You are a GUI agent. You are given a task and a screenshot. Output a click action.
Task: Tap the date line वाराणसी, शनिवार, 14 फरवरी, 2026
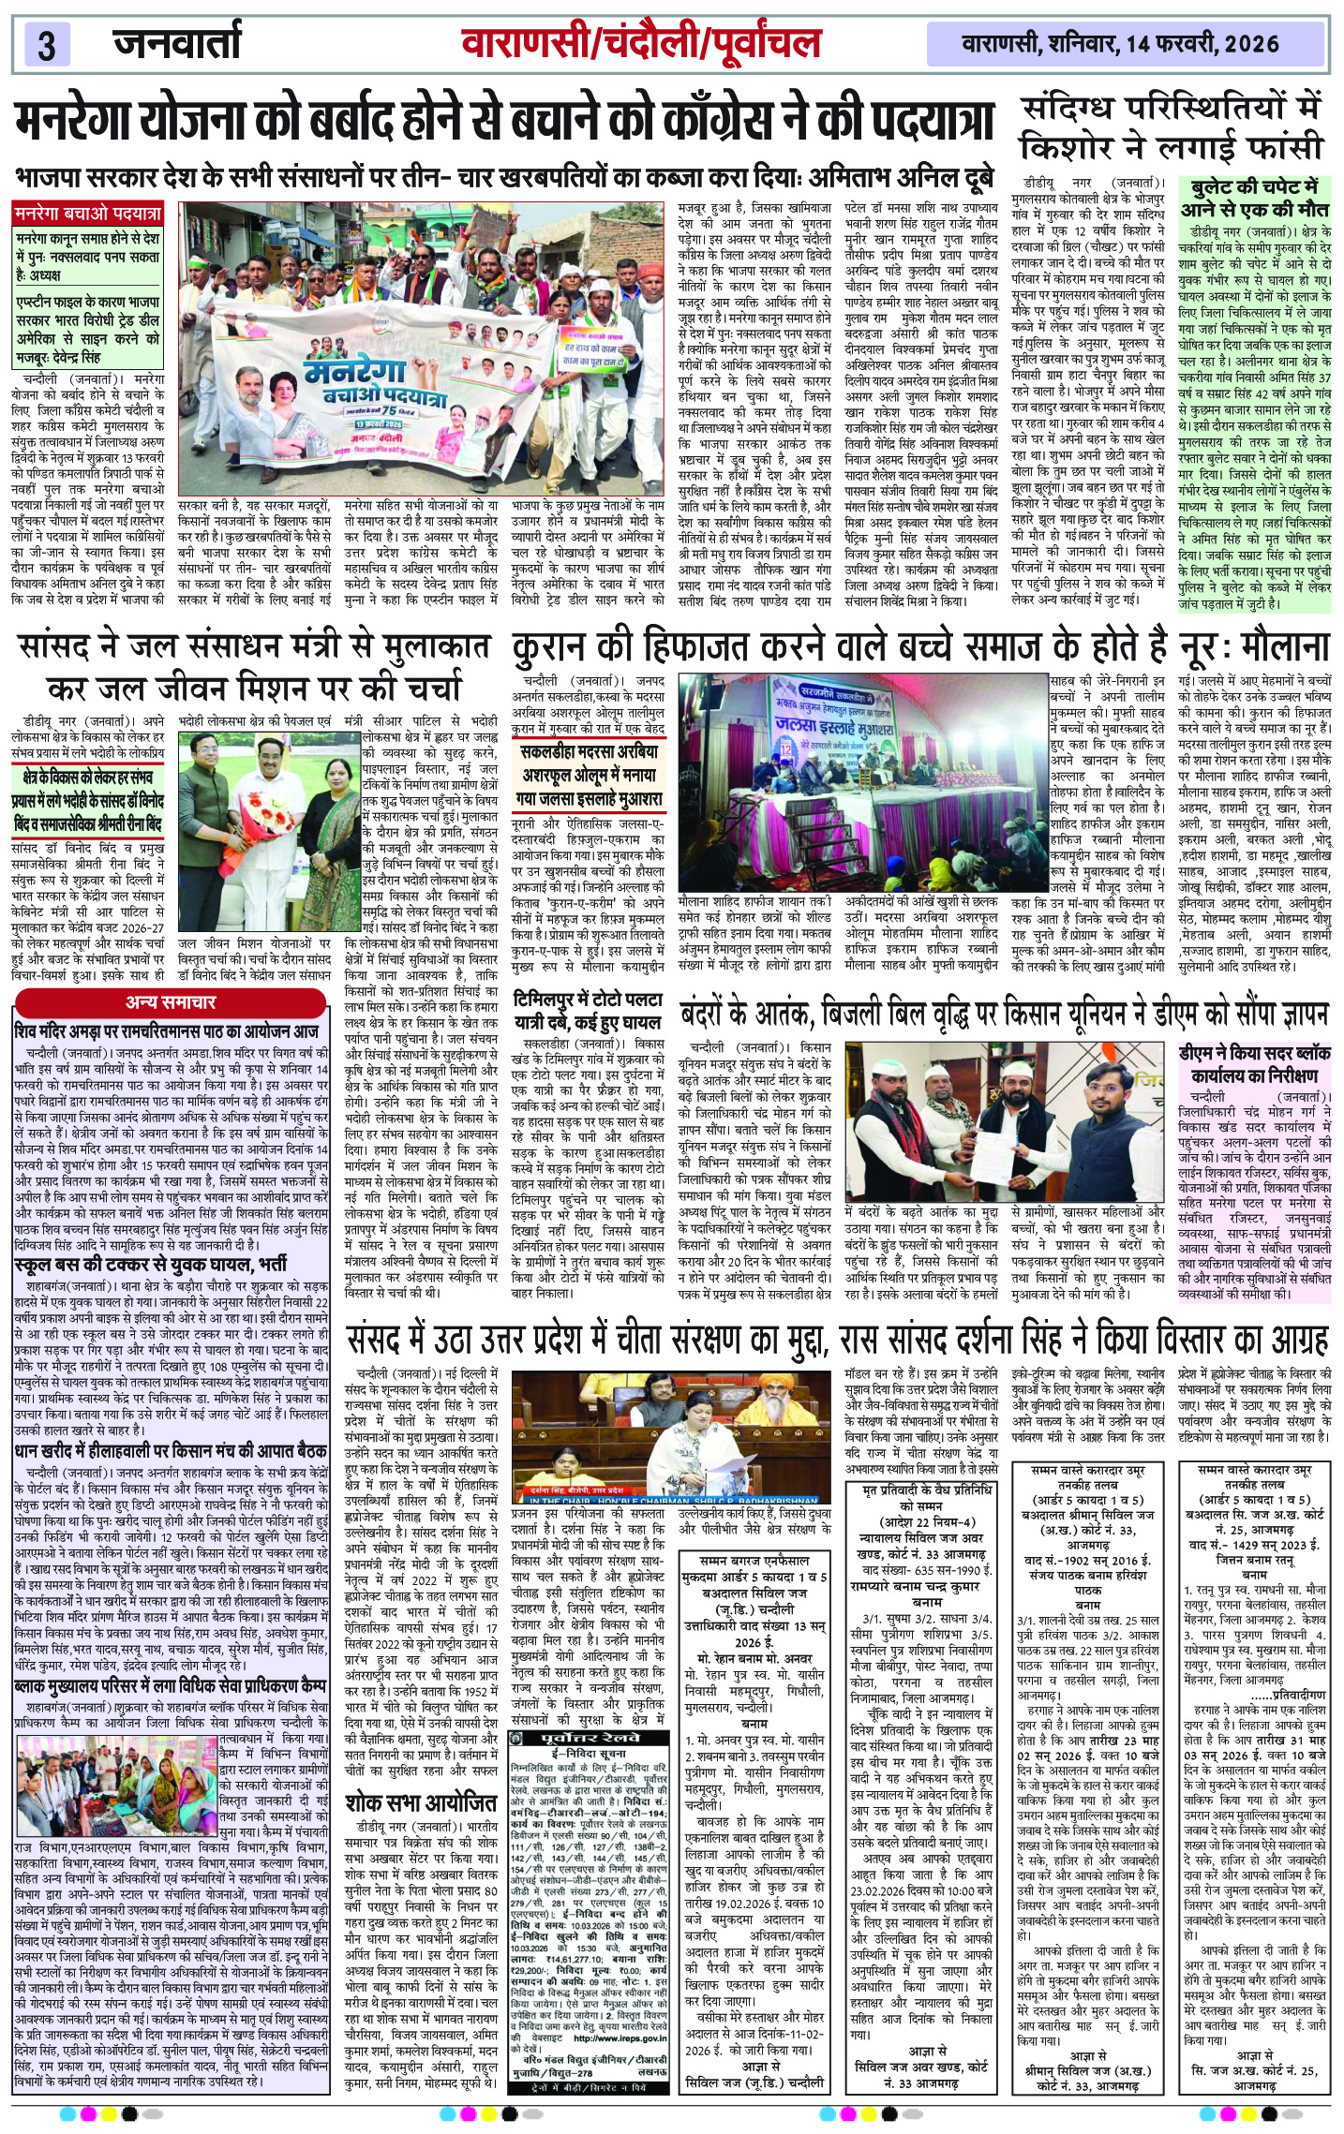coord(1120,44)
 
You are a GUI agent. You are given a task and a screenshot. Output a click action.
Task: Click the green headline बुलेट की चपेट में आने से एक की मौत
coord(1254,197)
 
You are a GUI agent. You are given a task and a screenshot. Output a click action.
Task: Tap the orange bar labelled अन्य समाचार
coord(172,1002)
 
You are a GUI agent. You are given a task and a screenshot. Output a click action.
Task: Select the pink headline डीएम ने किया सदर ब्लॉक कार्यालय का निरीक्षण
coord(1254,1064)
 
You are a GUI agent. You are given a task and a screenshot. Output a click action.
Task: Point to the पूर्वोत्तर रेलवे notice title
coord(589,1737)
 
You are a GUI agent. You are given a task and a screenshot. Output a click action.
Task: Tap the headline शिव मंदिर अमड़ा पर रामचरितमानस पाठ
coord(167,1030)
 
